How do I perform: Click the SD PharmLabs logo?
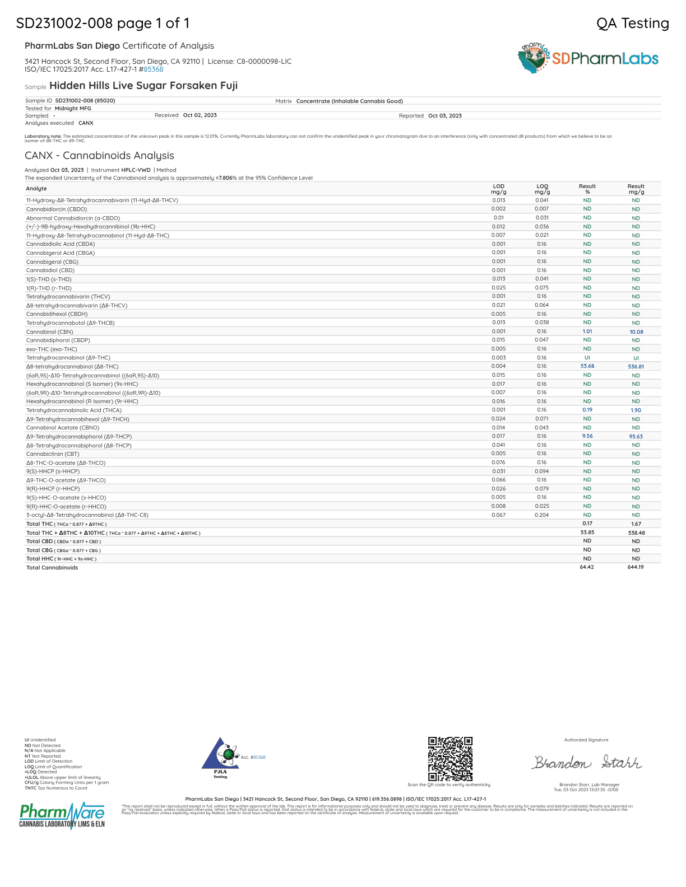(x=588, y=58)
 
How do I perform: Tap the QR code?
(x=450, y=759)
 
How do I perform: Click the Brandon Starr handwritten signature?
(x=586, y=763)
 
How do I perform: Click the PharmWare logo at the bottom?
(x=62, y=815)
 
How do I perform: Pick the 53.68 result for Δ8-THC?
(x=587, y=366)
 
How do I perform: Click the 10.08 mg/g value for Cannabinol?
(x=636, y=332)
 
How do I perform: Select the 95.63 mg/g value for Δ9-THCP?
(x=636, y=436)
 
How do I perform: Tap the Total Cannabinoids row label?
(x=52, y=567)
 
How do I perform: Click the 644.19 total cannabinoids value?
(x=636, y=567)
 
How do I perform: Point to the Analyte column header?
(x=36, y=189)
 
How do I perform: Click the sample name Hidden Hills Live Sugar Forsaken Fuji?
(x=143, y=86)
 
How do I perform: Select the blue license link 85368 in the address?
(x=153, y=69)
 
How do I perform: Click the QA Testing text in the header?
(x=632, y=23)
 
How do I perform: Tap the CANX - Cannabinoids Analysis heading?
(x=99, y=156)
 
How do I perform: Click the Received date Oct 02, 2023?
(x=200, y=115)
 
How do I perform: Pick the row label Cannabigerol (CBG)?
(x=52, y=262)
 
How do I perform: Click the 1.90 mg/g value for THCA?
(x=636, y=410)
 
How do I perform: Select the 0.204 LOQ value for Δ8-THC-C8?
(x=541, y=515)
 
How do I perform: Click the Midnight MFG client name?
(x=73, y=108)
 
